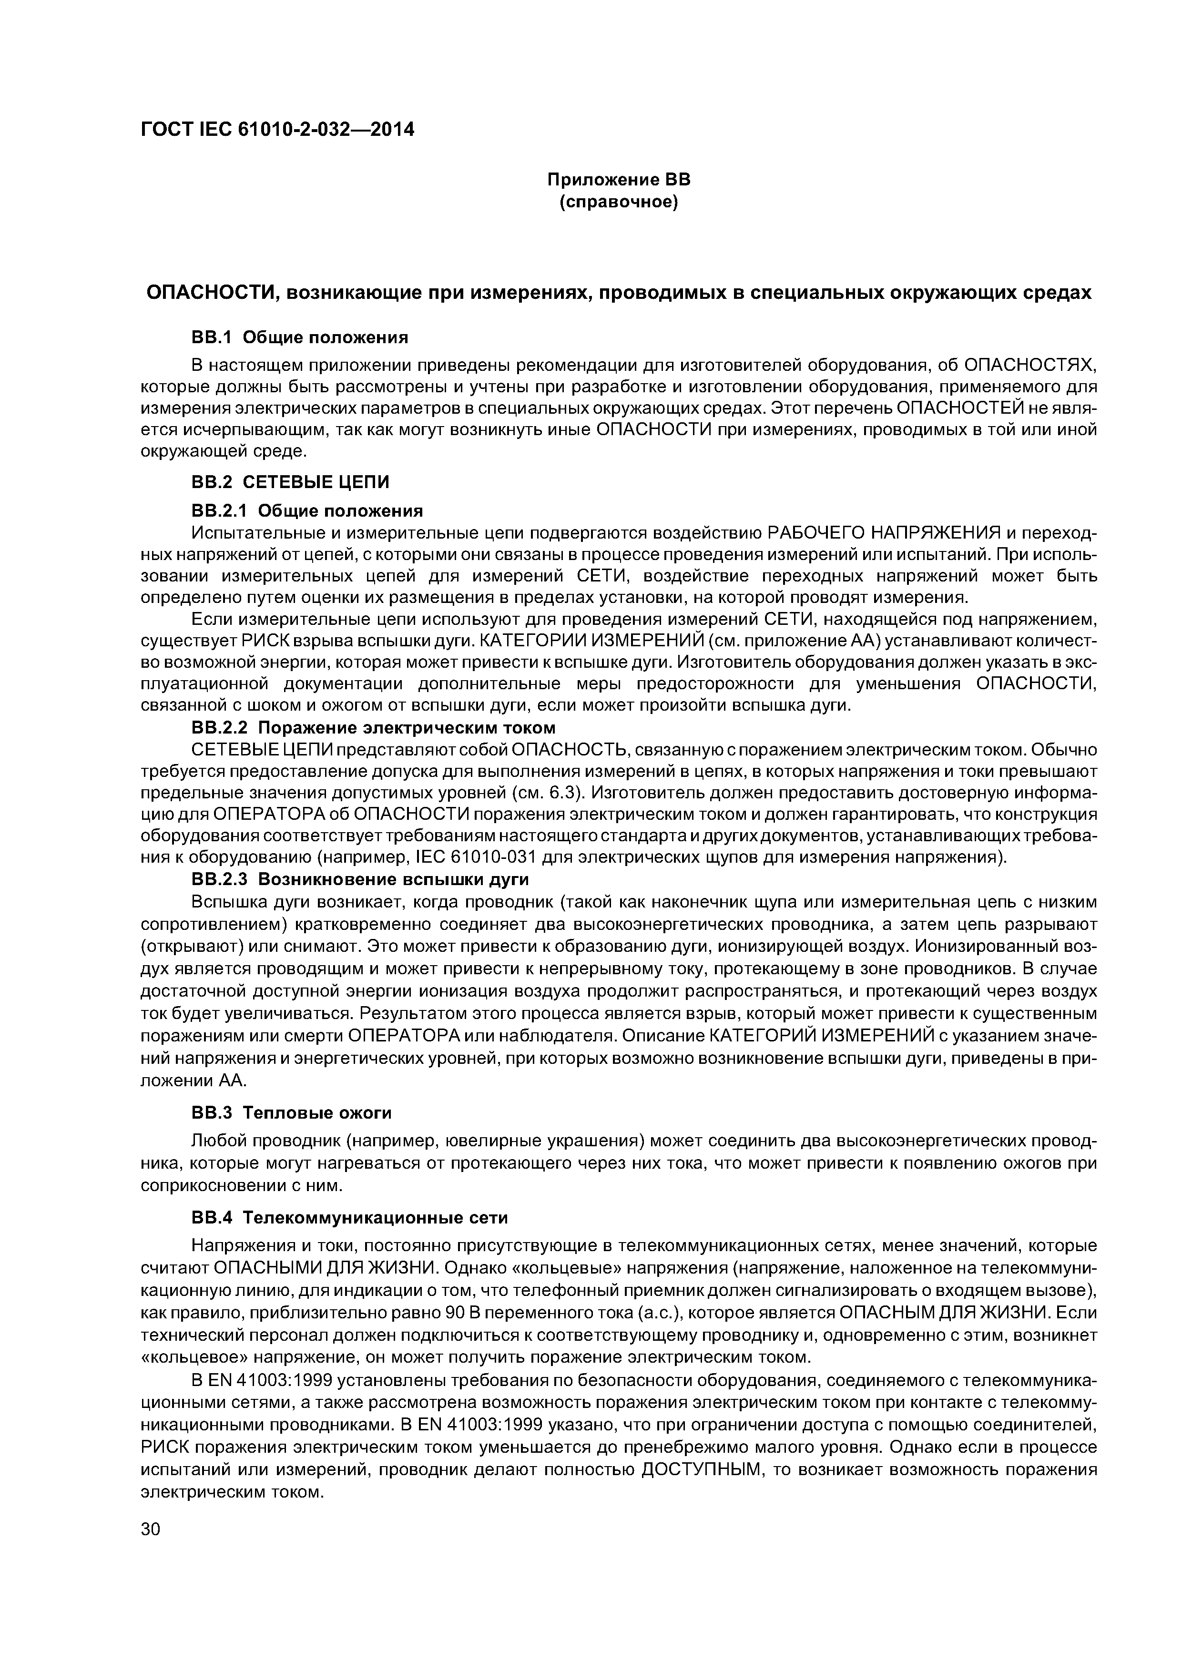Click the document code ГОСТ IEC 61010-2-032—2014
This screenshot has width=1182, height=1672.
[277, 130]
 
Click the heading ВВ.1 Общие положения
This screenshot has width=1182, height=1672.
[299, 337]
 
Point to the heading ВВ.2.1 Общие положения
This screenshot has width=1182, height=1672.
[306, 510]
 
